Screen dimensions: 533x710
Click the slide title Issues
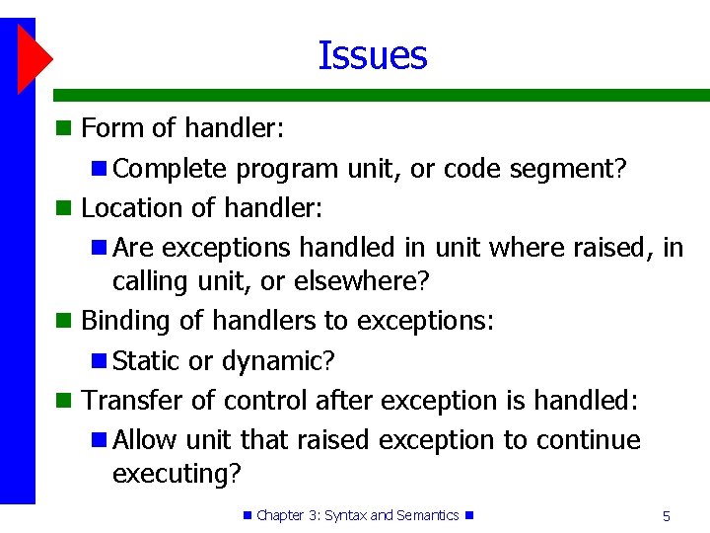point(372,55)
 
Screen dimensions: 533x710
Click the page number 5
point(667,515)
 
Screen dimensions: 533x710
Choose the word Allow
point(145,439)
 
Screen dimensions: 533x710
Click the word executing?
point(177,474)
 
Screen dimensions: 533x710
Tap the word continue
point(588,439)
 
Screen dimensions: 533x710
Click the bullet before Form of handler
point(63,128)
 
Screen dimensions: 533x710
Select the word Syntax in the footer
point(344,515)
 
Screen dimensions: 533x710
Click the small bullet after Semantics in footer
point(469,515)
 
